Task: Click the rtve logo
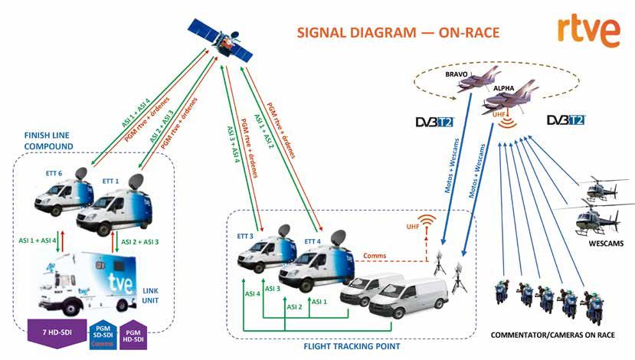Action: (x=588, y=30)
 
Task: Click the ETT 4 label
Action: (x=313, y=241)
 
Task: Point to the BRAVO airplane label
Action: (x=460, y=76)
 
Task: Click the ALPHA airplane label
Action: (x=503, y=88)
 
